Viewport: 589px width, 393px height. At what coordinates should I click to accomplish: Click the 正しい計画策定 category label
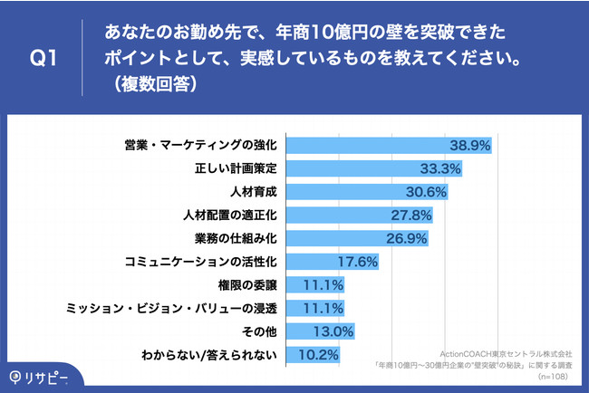click(x=236, y=168)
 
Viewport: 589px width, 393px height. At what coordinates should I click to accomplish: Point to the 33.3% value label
click(x=441, y=168)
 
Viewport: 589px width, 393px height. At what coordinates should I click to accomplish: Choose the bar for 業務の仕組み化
click(x=353, y=239)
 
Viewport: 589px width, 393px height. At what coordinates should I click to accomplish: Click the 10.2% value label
click(x=321, y=355)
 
